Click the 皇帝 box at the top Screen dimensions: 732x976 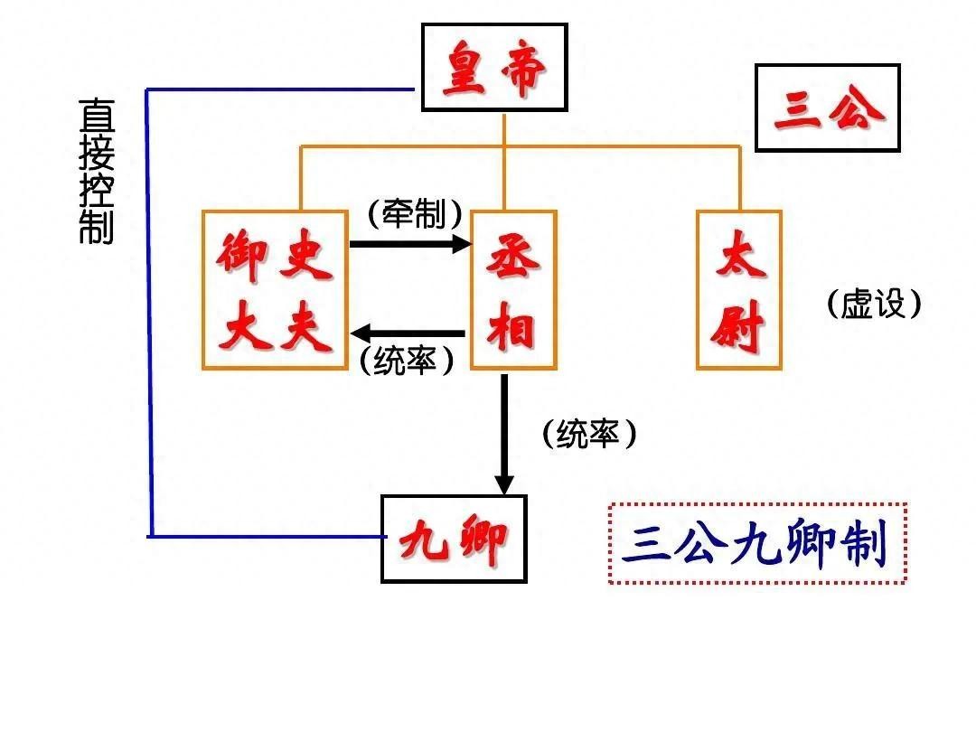coord(494,67)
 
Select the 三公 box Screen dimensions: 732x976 coord(827,108)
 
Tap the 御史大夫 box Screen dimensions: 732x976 coord(275,290)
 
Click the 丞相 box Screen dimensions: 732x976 coord(513,290)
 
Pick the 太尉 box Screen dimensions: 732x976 coord(738,290)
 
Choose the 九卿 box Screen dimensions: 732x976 coord(454,539)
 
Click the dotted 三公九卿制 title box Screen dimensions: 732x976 coord(757,543)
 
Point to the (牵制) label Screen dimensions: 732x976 coord(416,214)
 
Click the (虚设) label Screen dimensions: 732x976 coord(874,304)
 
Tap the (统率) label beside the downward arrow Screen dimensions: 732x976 coord(589,435)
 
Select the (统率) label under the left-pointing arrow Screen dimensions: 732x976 coord(406,361)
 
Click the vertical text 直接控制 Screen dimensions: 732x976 coord(96,171)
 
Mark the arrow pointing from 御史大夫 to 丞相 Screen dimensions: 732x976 coord(410,243)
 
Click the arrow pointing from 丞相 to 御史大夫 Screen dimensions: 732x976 coord(408,333)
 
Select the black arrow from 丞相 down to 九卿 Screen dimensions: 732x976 coord(504,434)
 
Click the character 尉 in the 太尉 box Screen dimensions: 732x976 coord(738,330)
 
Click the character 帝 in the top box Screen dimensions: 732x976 coord(521,70)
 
